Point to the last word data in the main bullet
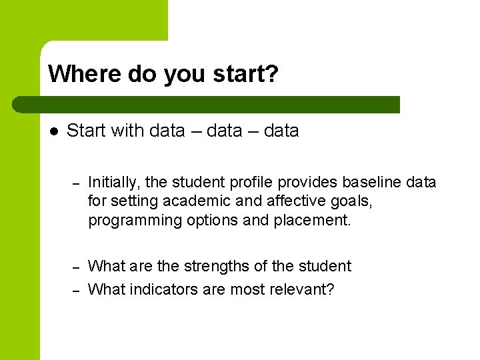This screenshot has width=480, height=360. pos(281,131)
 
